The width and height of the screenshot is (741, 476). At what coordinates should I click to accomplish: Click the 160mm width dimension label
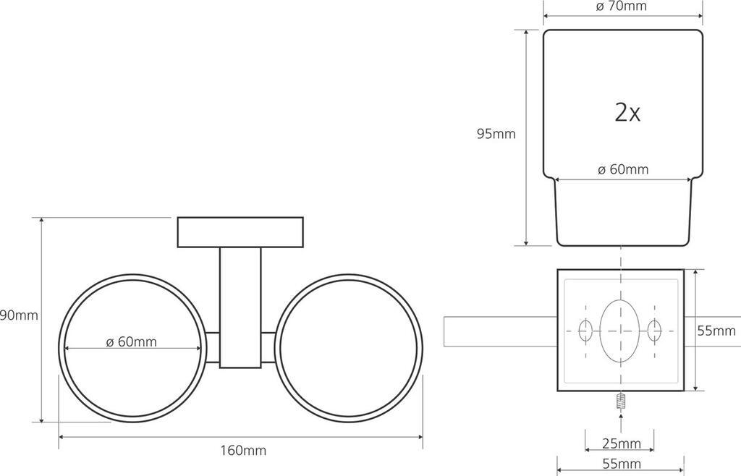243,451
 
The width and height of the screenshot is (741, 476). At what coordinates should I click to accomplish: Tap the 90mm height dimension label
19,315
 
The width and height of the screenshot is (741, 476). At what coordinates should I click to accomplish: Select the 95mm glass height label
496,134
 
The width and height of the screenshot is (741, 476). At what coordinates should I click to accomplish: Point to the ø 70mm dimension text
622,6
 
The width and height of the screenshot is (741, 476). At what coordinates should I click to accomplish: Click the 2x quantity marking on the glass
627,112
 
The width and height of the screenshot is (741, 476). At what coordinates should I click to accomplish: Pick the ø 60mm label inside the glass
623,169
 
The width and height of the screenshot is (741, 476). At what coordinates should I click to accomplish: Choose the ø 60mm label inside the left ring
132,341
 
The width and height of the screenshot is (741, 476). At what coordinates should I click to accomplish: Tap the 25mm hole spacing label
622,443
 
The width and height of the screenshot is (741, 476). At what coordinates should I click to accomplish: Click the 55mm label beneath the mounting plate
622,464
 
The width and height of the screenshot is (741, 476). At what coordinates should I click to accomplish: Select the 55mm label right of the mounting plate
716,331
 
